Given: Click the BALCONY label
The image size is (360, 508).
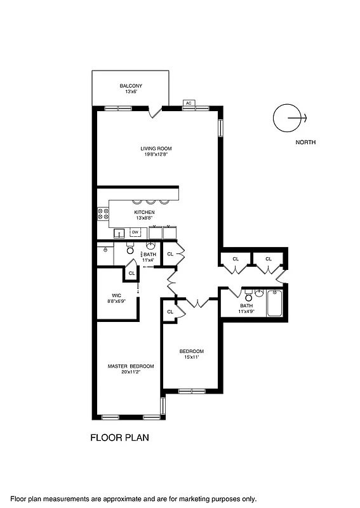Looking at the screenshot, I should click(130, 86).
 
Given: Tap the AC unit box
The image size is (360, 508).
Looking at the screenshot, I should click(189, 102).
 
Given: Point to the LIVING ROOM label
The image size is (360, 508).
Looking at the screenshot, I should click(156, 149).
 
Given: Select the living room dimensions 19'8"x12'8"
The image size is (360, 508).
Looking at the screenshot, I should click(156, 154).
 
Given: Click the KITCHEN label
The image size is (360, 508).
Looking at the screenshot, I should click(144, 212).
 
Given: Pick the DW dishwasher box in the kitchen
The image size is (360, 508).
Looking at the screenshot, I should click(135, 232).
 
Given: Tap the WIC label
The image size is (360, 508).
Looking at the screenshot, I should click(116, 295).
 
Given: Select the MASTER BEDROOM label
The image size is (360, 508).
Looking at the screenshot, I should click(131, 366).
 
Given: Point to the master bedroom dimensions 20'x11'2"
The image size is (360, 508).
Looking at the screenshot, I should click(131, 373).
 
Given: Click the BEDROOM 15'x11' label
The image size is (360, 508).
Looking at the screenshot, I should click(191, 351).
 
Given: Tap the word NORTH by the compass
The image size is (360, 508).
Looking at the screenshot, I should click(305, 142).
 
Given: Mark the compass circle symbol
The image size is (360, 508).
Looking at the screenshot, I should click(285, 117).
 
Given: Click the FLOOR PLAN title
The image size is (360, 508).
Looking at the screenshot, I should click(120, 438).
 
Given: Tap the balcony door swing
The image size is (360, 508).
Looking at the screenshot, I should click(153, 112).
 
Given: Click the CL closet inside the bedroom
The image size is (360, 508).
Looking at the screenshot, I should click(170, 312).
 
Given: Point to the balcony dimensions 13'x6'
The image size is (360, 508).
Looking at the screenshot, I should click(130, 92).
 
